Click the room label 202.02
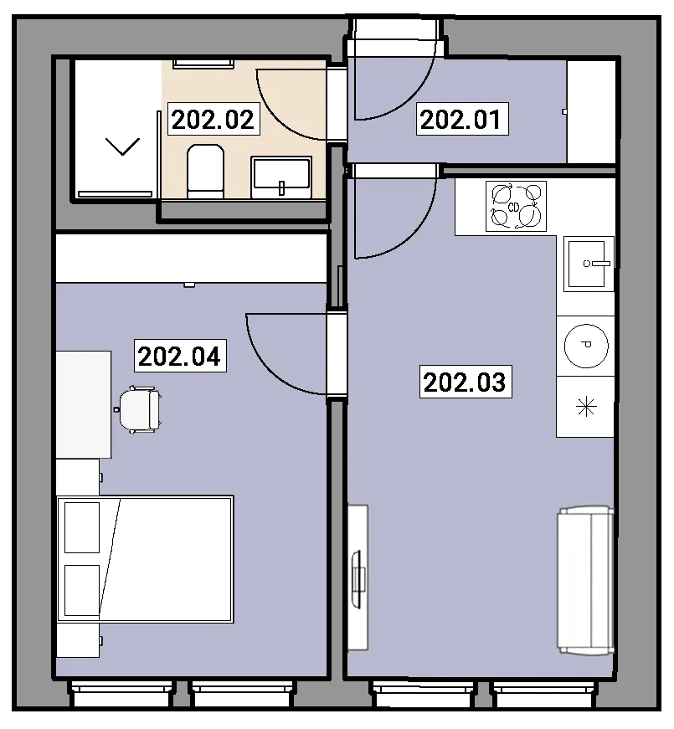click(x=213, y=120)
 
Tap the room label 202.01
click(x=462, y=120)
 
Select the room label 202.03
click(x=466, y=382)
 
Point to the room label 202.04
click(x=180, y=357)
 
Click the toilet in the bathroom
click(x=206, y=172)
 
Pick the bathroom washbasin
click(x=281, y=177)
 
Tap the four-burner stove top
click(x=516, y=206)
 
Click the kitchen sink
click(x=589, y=264)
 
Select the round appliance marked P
click(x=586, y=346)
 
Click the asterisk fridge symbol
click(x=586, y=408)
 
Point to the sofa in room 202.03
click(x=585, y=581)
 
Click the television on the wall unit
click(x=358, y=578)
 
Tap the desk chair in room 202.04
click(x=139, y=409)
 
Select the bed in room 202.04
click(x=145, y=559)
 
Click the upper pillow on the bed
click(x=82, y=527)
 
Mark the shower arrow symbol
click(x=123, y=146)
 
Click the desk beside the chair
click(x=84, y=404)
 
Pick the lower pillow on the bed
click(x=82, y=590)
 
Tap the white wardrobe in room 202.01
click(x=591, y=111)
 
